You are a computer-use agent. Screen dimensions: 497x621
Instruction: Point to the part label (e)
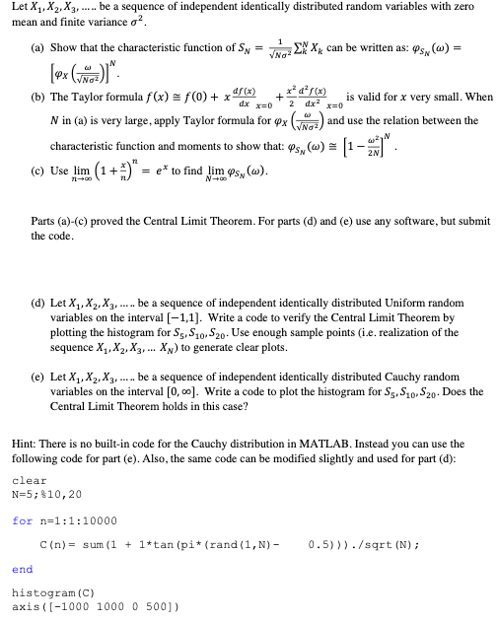click(x=34, y=376)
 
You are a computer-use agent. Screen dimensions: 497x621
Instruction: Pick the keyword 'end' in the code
click(x=21, y=569)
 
